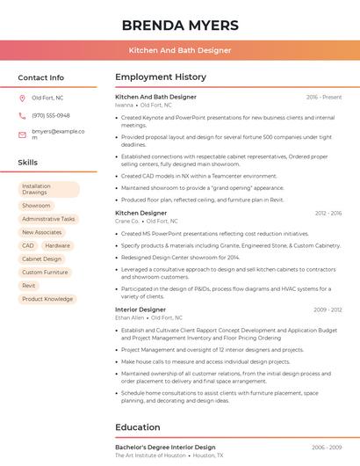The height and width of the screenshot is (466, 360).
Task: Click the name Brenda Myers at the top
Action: coord(179,24)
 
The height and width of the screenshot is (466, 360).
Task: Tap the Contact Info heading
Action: coord(40,77)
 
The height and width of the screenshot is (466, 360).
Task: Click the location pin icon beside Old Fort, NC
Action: coord(22,98)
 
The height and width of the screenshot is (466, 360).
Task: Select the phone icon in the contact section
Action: coord(22,115)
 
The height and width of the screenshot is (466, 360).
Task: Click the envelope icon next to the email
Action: coord(22,135)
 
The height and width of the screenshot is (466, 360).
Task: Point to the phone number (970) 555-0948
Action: coord(51,115)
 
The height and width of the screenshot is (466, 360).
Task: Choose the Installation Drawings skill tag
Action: coord(48,189)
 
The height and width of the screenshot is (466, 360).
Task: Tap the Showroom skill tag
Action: coord(36,205)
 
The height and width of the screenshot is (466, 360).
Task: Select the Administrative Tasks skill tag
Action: coord(48,219)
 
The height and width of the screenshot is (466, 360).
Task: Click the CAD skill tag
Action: coord(28,245)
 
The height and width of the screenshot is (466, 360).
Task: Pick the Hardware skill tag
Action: coord(57,245)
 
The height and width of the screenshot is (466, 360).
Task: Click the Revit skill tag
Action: coord(29,286)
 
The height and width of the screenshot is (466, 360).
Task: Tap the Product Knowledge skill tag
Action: coord(47,299)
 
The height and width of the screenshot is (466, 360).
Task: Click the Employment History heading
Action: coord(161,77)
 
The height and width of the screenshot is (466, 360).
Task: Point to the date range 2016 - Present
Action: coord(324,97)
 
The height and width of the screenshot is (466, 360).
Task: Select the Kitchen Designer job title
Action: coord(140,213)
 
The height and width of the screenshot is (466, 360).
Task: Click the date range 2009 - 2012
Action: coord(328,309)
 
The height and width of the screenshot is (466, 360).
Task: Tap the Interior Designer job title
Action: coord(140,309)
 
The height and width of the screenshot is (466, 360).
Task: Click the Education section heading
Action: coord(138,427)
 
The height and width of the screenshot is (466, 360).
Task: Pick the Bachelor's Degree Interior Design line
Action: coord(165,448)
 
